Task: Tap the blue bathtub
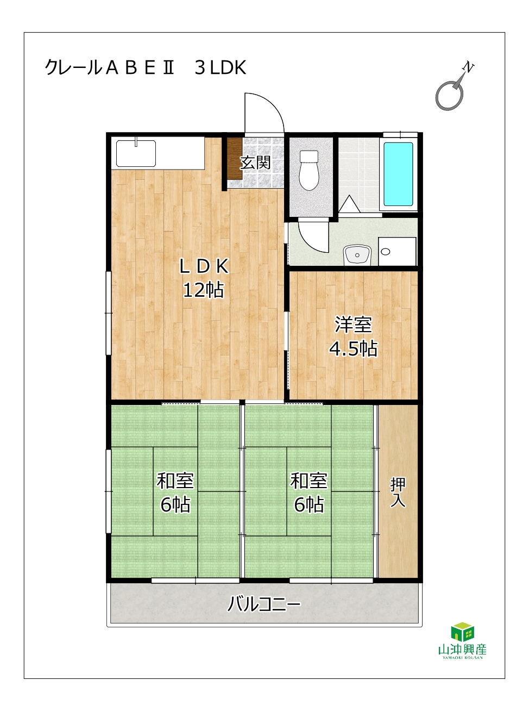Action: pos(398,174)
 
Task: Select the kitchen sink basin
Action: pos(136,153)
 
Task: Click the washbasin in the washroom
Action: pos(357,255)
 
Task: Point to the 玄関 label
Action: pos(256,163)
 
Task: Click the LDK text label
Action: pos(204,266)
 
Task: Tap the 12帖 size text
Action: pos(204,290)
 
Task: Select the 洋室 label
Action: pos(354,325)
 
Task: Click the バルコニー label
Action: pos(264,604)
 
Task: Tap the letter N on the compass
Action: pos(469,67)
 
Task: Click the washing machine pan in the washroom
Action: pos(397,251)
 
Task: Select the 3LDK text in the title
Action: pos(221,67)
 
